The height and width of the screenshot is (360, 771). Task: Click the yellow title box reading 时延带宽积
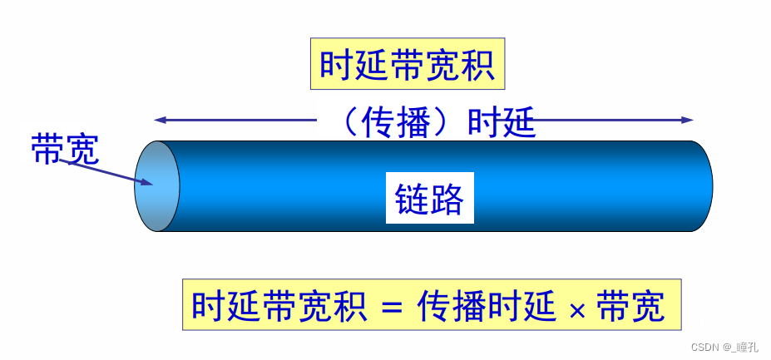point(408,64)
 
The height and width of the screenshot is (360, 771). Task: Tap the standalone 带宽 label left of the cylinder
point(65,150)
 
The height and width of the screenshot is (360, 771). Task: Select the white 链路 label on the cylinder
point(429,198)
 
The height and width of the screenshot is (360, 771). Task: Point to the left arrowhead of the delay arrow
point(159,120)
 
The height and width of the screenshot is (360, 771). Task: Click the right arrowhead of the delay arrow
point(688,120)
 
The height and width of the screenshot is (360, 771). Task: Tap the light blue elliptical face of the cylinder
point(156,185)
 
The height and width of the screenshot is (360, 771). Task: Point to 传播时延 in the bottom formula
point(487,306)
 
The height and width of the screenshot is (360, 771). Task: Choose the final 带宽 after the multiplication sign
point(631,306)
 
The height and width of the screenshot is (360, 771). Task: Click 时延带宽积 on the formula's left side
point(279,306)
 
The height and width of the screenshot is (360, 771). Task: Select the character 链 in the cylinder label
point(412,198)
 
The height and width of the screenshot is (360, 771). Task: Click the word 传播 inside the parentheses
point(396,122)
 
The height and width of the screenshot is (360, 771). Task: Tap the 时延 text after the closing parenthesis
point(499,122)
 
